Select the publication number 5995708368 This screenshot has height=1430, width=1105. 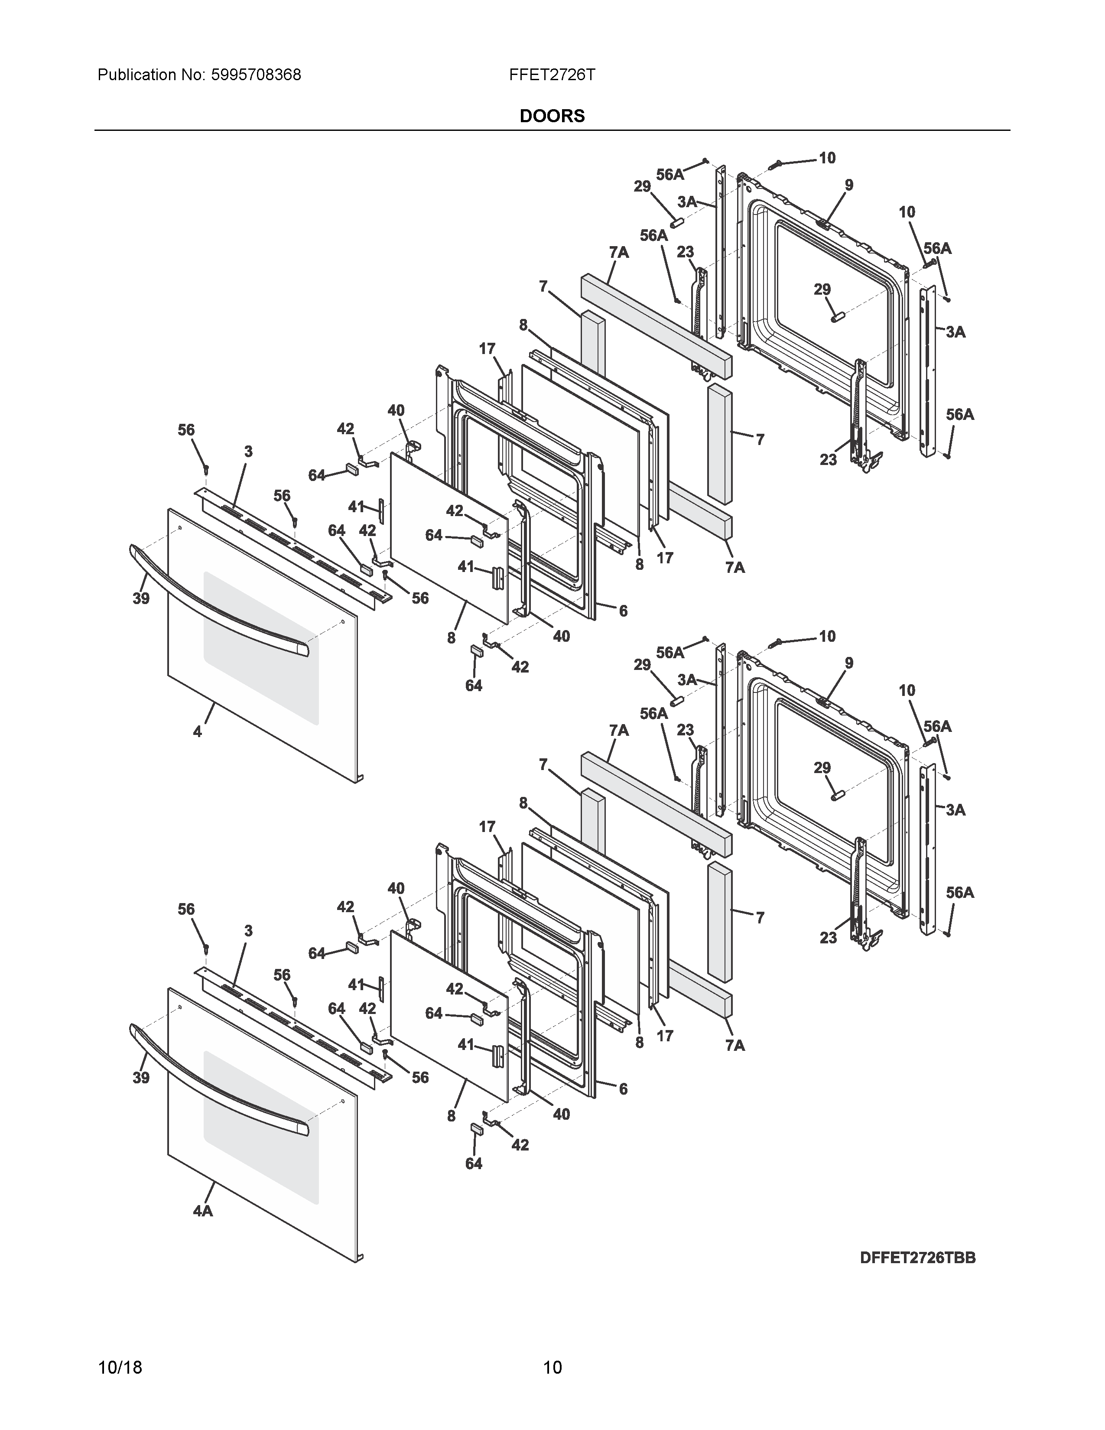[256, 75]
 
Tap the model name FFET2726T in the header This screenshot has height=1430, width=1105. [552, 75]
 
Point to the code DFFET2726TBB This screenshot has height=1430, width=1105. [918, 1258]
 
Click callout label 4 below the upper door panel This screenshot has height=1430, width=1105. [197, 732]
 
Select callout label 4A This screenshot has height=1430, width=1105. [202, 1211]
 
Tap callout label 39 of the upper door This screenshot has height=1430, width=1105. [141, 598]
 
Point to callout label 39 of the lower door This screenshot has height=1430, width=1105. [141, 1077]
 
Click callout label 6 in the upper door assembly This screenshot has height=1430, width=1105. [623, 611]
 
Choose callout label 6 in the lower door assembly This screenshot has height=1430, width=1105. [623, 1089]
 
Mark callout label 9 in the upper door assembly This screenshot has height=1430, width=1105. [849, 185]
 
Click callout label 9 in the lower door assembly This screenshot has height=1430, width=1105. [849, 663]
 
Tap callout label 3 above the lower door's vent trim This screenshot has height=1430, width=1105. [248, 930]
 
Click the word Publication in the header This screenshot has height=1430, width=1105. [137, 75]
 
